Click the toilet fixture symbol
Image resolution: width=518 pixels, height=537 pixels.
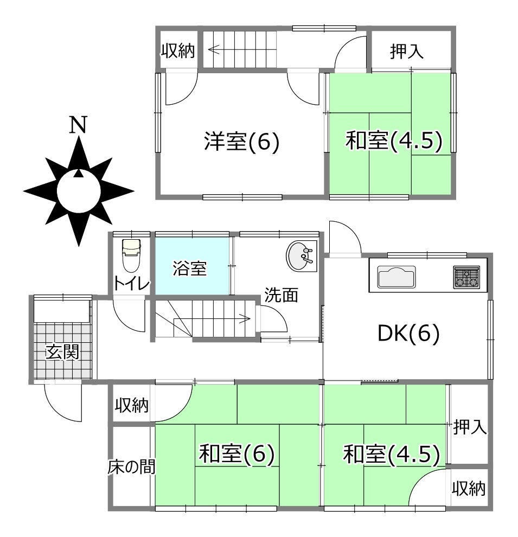pos(131,255)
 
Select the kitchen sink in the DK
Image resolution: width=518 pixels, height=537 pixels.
pos(397,277)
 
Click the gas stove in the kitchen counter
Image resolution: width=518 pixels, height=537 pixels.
pos(466,277)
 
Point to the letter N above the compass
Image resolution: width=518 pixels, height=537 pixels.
pos(78,125)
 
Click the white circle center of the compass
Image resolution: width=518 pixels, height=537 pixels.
pos(79,190)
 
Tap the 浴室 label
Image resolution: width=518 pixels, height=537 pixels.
pos(190,268)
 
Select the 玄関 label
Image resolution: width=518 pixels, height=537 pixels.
pos(63,351)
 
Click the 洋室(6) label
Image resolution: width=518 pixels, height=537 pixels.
pos(242,141)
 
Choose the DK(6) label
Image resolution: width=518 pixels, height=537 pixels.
pos(408,333)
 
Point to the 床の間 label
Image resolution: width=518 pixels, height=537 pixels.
pos(131,466)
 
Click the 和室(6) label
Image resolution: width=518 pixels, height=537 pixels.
pos(237,453)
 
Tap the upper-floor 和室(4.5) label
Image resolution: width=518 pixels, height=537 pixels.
pos(394,140)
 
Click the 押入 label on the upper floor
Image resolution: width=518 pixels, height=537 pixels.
pos(407,52)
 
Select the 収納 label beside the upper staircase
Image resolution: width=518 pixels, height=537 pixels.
pos(178,51)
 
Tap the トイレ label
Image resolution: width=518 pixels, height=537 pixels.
pos(132,284)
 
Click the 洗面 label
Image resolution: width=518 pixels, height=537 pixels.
pos(282,295)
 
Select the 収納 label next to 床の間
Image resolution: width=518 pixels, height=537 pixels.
pos(131,405)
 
